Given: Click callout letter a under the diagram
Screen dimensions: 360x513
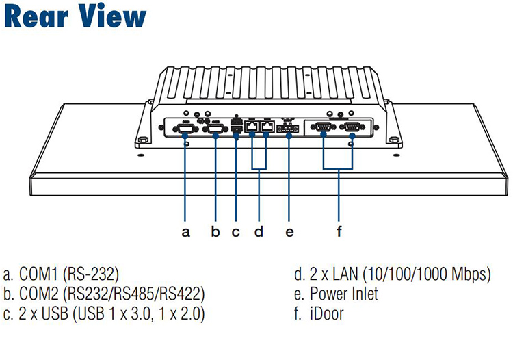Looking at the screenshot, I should (185, 232).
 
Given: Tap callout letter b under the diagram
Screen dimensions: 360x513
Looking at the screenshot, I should (215, 232).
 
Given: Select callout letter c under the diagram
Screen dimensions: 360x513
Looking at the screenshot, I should (236, 232).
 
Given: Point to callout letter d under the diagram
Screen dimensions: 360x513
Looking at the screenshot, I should (259, 232).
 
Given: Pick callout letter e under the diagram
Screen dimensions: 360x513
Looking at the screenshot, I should (289, 232).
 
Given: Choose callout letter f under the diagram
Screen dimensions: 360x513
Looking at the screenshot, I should (339, 232).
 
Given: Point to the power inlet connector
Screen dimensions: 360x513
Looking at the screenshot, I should (289, 127).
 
